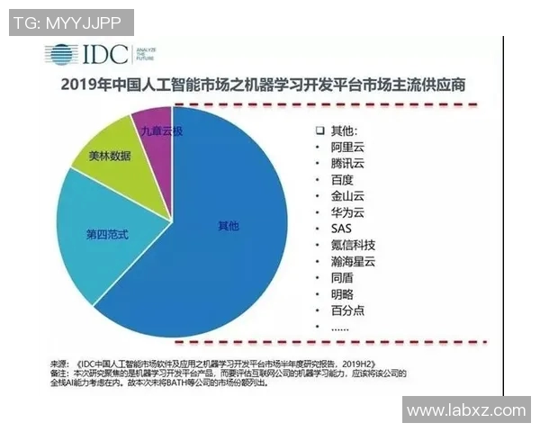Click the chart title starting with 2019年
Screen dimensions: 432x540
click(269, 86)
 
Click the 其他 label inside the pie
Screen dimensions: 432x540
click(229, 226)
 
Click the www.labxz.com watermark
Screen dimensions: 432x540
click(465, 410)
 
